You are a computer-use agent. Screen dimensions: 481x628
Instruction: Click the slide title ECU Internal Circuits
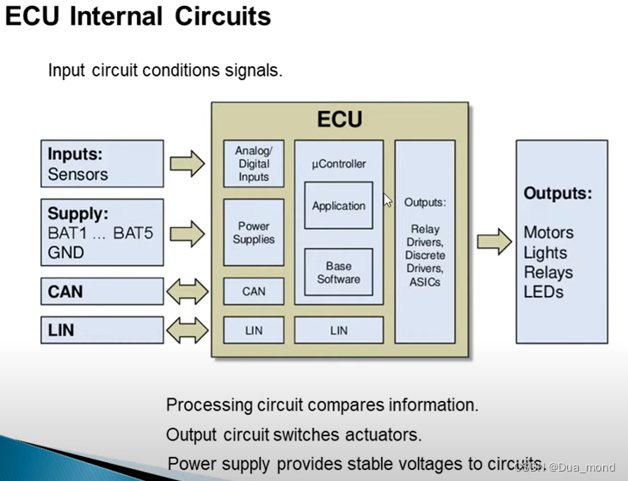click(x=138, y=16)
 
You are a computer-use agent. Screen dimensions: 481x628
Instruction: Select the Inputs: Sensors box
click(x=102, y=163)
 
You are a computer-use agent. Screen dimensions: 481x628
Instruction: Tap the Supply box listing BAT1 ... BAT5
click(x=102, y=232)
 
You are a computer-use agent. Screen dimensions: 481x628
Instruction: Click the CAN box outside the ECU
click(x=102, y=292)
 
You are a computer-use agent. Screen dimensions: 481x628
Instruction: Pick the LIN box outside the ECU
click(x=102, y=330)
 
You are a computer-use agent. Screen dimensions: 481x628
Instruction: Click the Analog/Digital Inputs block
click(x=253, y=163)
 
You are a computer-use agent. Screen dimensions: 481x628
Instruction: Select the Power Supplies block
click(x=253, y=233)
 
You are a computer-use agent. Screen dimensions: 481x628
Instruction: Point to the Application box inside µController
click(x=338, y=206)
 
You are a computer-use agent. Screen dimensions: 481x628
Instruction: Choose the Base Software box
click(x=338, y=273)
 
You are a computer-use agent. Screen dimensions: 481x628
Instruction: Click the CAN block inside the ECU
click(x=253, y=292)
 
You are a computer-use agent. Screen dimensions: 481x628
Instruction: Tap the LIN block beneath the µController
click(x=338, y=330)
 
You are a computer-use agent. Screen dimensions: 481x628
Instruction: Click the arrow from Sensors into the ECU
click(x=188, y=162)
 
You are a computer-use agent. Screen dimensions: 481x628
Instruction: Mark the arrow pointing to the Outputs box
click(x=493, y=240)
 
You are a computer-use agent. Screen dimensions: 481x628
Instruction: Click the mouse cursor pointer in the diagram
click(x=387, y=200)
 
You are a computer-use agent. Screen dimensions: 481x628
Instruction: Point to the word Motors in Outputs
click(x=548, y=233)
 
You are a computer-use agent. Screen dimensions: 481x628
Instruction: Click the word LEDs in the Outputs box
click(x=543, y=292)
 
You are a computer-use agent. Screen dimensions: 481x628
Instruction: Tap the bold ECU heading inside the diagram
click(x=340, y=119)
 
